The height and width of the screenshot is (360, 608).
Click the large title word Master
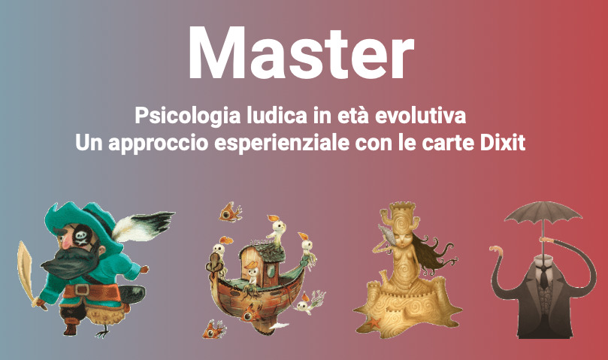pos(301,53)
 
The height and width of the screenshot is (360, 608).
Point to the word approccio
pos(159,144)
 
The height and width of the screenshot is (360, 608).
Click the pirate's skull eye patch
pos(83,235)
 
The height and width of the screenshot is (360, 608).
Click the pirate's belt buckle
pos(82,290)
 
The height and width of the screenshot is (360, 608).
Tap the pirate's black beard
pos(70,262)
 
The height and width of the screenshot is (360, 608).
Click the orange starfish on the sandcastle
pos(374,322)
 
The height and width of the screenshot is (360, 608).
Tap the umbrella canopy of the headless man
pos(543,213)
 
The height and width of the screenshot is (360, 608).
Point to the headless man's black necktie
pos(544,277)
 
